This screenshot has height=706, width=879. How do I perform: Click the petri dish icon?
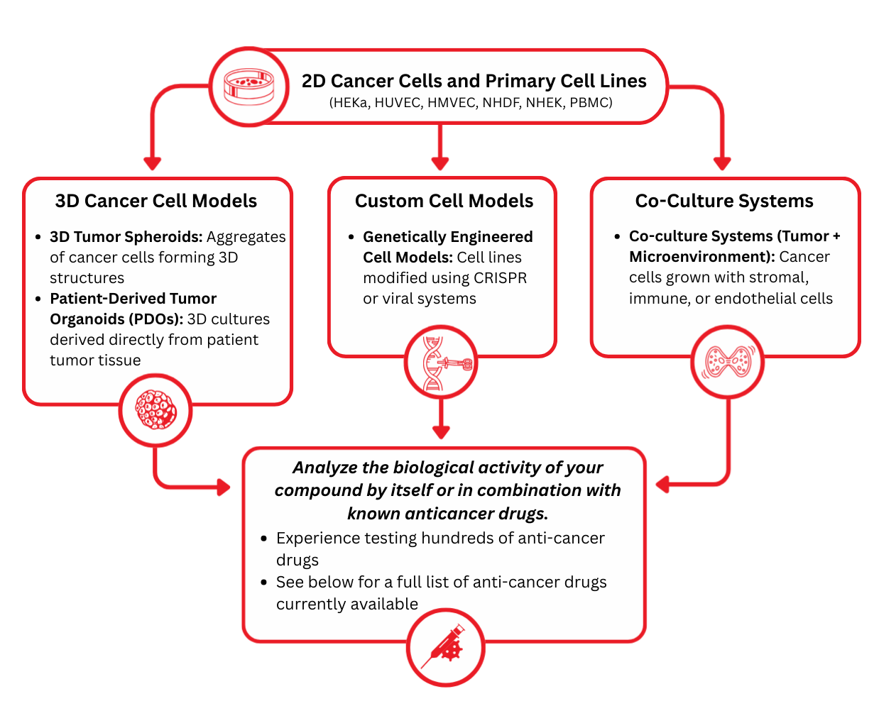tap(249, 87)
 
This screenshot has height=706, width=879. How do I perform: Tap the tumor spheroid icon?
tap(155, 411)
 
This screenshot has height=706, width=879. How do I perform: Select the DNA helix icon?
tap(441, 363)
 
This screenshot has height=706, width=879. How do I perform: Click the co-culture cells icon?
tap(727, 362)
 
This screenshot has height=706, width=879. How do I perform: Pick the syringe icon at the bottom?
tap(445, 647)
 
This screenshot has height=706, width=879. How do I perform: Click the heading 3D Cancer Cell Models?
tap(156, 201)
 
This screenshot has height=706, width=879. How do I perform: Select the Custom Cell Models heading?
tap(444, 201)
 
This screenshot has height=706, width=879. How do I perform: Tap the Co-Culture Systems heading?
tap(724, 201)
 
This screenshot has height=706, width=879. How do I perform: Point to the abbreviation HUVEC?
tap(398, 103)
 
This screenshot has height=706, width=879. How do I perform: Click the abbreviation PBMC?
tap(591, 103)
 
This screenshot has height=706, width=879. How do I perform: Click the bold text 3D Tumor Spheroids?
tap(126, 237)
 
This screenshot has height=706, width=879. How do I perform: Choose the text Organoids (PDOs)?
tap(116, 319)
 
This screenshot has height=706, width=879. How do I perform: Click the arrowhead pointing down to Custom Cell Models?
tap(440, 162)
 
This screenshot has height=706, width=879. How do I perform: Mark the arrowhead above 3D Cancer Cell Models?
tap(152, 162)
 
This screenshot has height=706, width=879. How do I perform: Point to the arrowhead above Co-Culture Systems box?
tap(722, 162)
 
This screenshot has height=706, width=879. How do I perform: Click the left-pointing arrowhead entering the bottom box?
tap(663, 485)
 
